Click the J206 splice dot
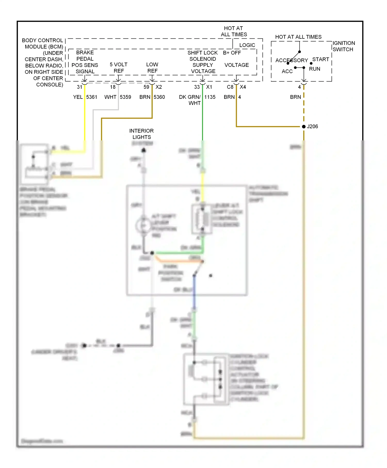coord(304,126)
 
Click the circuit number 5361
coord(92,97)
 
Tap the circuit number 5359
coord(125,97)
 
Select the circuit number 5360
coord(159,97)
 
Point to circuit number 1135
coord(210,97)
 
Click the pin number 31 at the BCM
coord(79,87)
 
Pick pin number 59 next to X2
coord(146,87)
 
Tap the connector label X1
coord(209,87)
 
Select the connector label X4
coord(243,87)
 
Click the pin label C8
coord(230,87)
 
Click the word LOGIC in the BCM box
coord(247,45)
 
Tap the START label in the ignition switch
coord(320,59)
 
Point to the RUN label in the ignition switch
coord(315,69)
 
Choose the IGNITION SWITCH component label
coord(343,46)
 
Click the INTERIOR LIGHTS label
coord(141,134)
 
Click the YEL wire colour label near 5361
coord(78,97)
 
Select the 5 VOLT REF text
coord(119,68)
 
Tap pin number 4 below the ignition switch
coord(299,87)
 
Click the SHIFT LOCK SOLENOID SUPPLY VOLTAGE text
coord(203,62)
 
